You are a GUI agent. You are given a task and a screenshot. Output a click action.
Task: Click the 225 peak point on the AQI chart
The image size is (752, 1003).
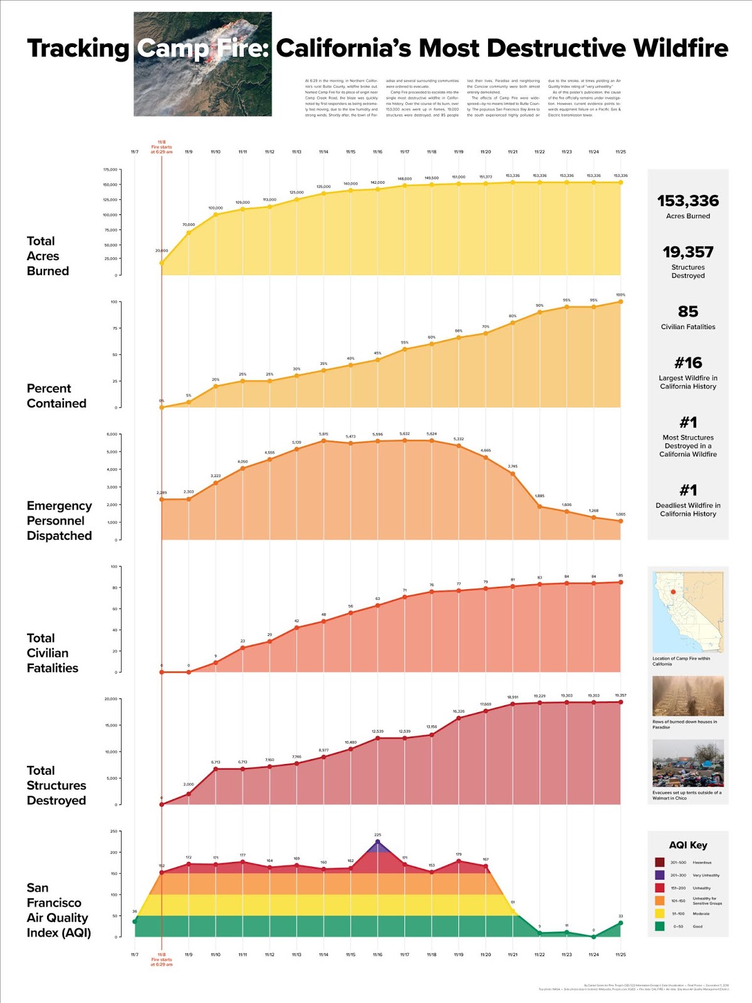[x=377, y=842]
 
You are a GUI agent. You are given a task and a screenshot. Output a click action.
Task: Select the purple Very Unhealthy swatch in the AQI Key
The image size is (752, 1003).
[x=659, y=875]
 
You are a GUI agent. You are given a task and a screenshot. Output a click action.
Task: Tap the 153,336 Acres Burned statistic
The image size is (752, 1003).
[x=687, y=201]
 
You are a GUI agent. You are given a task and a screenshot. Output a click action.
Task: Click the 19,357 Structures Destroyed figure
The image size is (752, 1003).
[x=687, y=253]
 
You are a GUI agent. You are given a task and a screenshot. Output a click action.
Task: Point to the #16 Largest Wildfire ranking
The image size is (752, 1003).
[x=687, y=363]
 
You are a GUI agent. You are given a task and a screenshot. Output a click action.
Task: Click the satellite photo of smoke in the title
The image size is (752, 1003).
[x=202, y=64]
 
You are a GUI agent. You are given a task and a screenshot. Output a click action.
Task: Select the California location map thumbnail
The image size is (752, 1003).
[x=687, y=612]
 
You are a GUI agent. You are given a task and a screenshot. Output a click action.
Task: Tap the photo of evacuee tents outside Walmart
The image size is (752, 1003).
[x=687, y=763]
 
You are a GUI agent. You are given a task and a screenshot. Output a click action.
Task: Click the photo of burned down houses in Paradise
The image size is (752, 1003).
[x=687, y=696]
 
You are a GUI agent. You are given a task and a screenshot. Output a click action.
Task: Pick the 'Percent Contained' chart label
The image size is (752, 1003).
[x=56, y=396]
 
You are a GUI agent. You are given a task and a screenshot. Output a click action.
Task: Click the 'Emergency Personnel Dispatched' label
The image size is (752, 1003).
[x=59, y=520]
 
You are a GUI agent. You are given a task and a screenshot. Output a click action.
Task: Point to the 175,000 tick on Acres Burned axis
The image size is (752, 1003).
[x=110, y=169]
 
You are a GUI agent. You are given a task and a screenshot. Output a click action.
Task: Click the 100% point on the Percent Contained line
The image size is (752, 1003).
[x=620, y=302]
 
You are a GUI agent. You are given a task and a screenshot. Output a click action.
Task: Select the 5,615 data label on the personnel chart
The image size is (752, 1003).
[x=323, y=434]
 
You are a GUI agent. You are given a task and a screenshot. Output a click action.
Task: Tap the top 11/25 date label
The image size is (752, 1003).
[x=620, y=152]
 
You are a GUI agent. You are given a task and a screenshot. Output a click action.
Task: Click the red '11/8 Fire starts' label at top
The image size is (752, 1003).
[x=162, y=147]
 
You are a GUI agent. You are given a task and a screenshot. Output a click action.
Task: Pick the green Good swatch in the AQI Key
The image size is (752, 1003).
[x=659, y=926]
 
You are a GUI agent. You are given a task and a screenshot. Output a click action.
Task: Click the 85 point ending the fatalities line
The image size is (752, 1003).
[x=620, y=582]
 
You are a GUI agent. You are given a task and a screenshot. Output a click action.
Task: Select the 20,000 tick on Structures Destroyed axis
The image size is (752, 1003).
[x=110, y=699]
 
